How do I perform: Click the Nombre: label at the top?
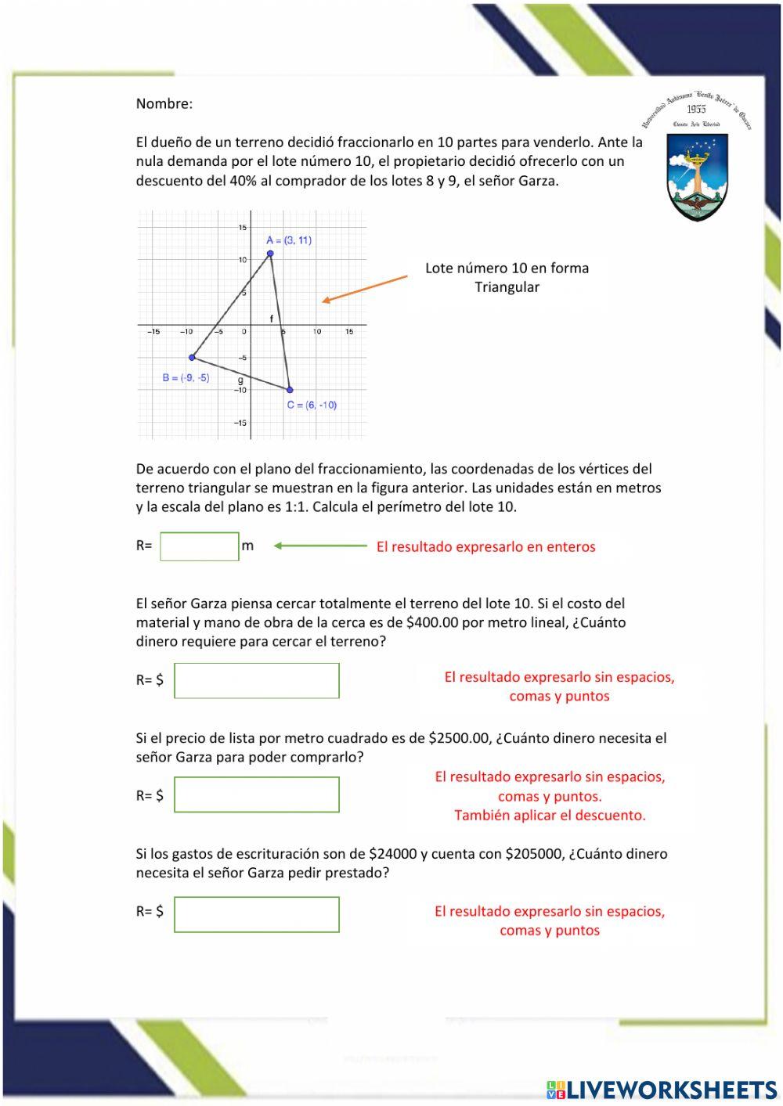pyautogui.click(x=164, y=103)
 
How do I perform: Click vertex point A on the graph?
pyautogui.click(x=270, y=254)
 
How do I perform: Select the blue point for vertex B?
pyautogui.click(x=192, y=358)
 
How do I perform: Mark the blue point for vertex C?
pyautogui.click(x=290, y=390)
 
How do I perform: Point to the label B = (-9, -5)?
pyautogui.click(x=186, y=378)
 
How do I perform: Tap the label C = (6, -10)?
pyautogui.click(x=312, y=405)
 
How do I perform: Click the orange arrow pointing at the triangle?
pyautogui.click(x=365, y=288)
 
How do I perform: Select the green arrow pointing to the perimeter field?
pyautogui.click(x=320, y=546)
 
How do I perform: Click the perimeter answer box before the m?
pyautogui.click(x=200, y=546)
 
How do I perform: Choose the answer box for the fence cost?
pyautogui.click(x=257, y=680)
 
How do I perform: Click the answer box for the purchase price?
pyautogui.click(x=257, y=795)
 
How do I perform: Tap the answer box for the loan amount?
pyautogui.click(x=257, y=914)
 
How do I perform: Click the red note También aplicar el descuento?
pyautogui.click(x=550, y=816)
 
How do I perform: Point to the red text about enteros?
pyautogui.click(x=485, y=547)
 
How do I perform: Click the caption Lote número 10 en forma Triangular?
pyautogui.click(x=507, y=277)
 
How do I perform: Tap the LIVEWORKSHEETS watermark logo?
pyautogui.click(x=662, y=1090)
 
